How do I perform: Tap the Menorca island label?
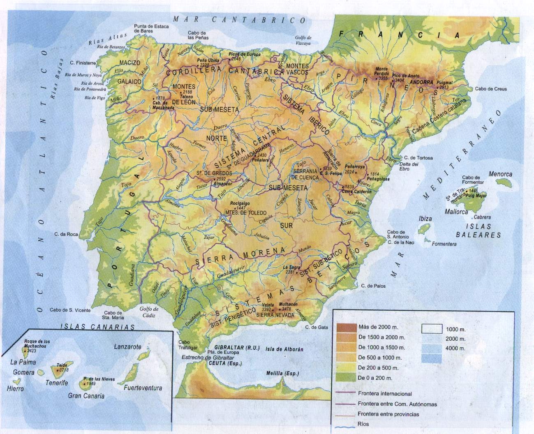[x=500, y=174]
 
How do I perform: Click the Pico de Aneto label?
[x=406, y=76]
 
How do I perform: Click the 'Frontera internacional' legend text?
[x=384, y=394]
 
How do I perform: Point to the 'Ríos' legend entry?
[x=363, y=424]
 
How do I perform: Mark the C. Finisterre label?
[x=83, y=63]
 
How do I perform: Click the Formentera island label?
[x=444, y=244]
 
